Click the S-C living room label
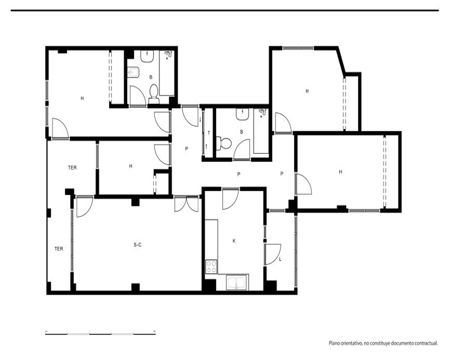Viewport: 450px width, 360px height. (x=137, y=245)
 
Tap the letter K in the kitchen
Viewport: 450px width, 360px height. (x=234, y=241)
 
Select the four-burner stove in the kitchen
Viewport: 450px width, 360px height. (x=211, y=266)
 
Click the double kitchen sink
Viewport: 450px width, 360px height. (x=237, y=282)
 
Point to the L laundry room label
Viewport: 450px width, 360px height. (x=280, y=259)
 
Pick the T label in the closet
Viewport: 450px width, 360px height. (x=209, y=133)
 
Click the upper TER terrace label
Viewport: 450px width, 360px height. (x=72, y=168)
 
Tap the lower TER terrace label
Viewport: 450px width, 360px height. (x=59, y=249)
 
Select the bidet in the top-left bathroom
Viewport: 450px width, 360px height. (x=133, y=72)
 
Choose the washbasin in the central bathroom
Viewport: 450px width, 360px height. (x=243, y=114)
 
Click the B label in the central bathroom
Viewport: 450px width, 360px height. (x=241, y=132)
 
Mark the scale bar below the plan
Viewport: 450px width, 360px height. (x=100, y=333)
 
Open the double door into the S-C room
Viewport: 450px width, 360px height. (x=186, y=204)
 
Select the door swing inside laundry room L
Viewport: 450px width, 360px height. (x=273, y=254)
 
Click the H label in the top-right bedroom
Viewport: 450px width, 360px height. (x=307, y=91)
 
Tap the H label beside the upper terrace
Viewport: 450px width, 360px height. (x=130, y=166)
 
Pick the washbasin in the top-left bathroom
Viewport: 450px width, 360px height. (x=147, y=56)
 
